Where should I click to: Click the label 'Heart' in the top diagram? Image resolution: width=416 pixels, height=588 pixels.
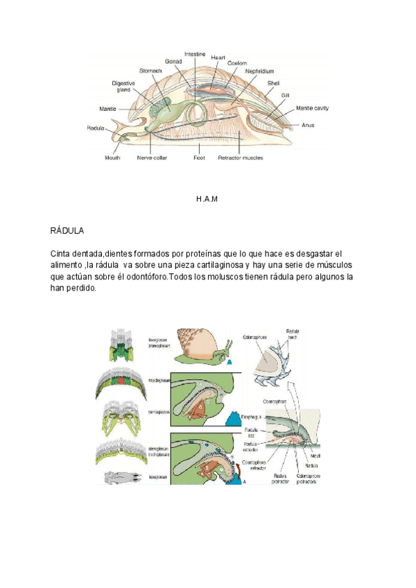click(218, 57)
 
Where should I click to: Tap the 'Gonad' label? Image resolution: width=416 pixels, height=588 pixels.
click(173, 61)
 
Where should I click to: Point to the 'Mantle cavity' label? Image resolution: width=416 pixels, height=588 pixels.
click(312, 108)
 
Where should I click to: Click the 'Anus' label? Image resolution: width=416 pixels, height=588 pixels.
click(309, 126)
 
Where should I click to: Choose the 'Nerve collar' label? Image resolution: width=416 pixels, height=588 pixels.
click(152, 157)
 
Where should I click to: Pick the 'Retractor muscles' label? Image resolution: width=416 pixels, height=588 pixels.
click(241, 157)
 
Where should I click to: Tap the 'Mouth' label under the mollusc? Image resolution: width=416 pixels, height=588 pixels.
click(112, 157)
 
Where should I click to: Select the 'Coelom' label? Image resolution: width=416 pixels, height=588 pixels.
click(238, 63)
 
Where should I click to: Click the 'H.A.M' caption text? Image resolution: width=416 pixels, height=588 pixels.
click(207, 199)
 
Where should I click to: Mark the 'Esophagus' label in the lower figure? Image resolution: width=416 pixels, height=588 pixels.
click(251, 417)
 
